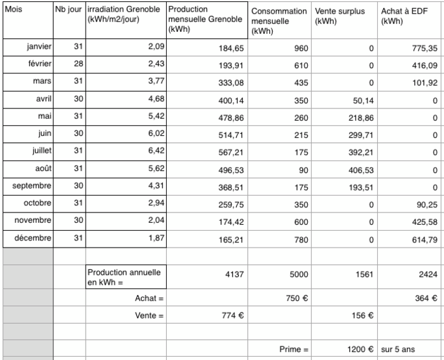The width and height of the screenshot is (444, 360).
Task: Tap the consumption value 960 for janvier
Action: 299,48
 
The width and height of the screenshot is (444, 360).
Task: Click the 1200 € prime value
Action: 358,349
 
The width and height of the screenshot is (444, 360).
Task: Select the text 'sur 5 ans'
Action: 397,349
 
